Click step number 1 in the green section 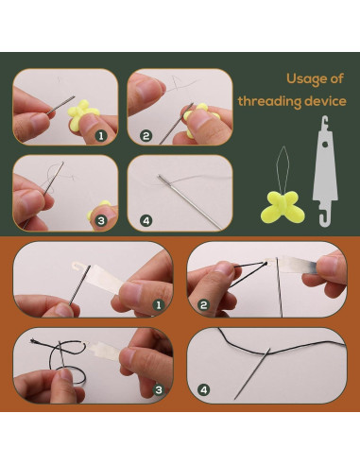pos(100,136)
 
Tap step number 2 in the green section pos(146,136)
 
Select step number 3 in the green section pos(100,221)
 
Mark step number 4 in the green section pos(146,221)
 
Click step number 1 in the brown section pos(159,305)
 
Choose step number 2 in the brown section pos(203,305)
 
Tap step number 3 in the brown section pos(159,389)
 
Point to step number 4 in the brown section pos(203,389)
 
